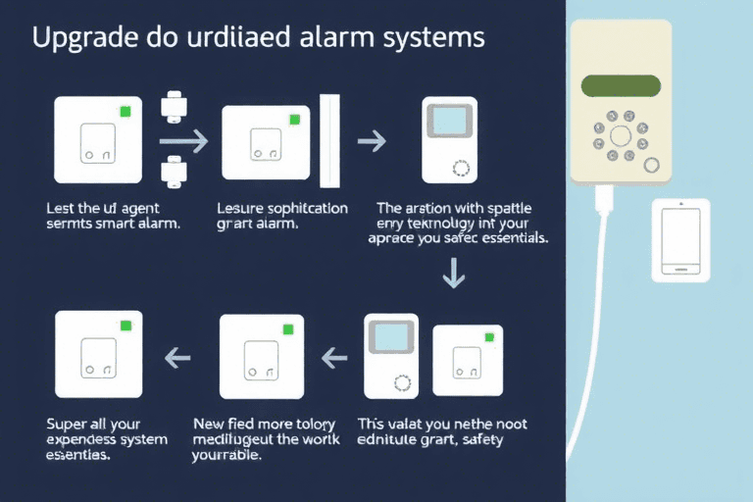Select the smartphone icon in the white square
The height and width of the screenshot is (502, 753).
tap(681, 241)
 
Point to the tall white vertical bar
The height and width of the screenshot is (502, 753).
tap(329, 141)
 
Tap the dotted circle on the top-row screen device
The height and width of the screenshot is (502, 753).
tap(462, 168)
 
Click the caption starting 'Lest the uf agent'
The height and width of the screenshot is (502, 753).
tap(109, 216)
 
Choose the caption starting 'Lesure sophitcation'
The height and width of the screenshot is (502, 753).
tap(281, 216)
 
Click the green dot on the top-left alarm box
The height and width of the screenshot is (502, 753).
tap(125, 112)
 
